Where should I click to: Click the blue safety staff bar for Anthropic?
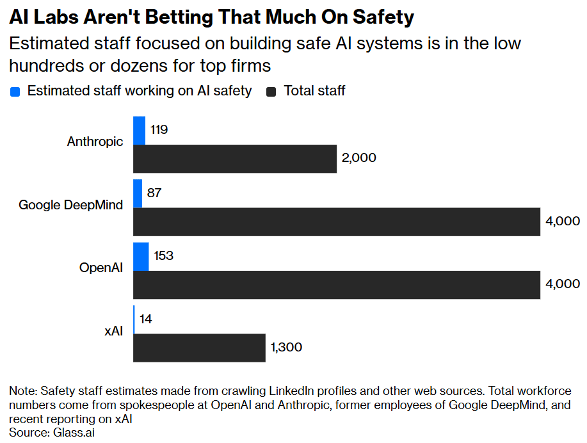[140, 131]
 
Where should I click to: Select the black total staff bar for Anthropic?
[235, 159]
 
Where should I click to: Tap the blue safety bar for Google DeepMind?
[138, 193]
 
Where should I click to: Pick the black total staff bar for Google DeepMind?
[337, 221]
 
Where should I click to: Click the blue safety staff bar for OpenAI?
[141, 257]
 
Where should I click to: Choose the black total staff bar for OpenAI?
[337, 285]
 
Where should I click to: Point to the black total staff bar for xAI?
[199, 348]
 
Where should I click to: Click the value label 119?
[159, 129]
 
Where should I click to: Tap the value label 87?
[154, 193]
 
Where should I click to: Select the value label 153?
[164, 256]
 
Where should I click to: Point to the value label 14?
[145, 319]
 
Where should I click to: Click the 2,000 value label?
[359, 157]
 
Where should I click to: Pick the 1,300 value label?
[286, 347]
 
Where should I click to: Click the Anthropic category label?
[95, 141]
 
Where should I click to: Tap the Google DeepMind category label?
[71, 205]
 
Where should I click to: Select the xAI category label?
[114, 331]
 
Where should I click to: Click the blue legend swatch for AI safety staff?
[15, 92]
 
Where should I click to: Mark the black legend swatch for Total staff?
[271, 92]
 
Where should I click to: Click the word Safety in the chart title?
[383, 17]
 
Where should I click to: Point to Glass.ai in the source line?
[74, 433]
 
